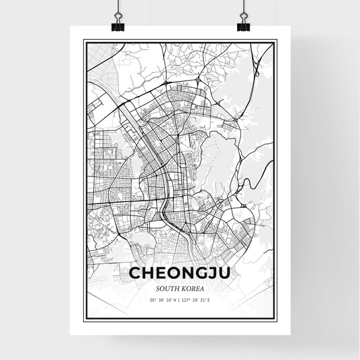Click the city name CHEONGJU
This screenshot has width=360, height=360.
[x=180, y=274]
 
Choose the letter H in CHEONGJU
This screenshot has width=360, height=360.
[x=149, y=274]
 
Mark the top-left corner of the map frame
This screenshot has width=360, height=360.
[x=84, y=41]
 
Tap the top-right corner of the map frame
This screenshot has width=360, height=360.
[x=277, y=41]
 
